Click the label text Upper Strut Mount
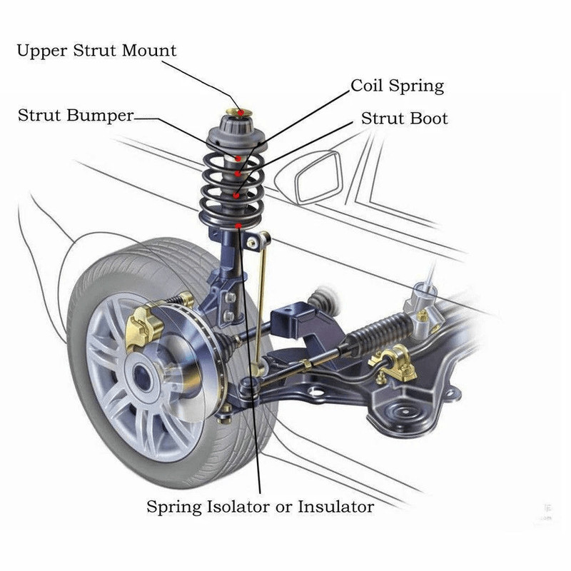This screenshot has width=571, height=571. pos(96,51)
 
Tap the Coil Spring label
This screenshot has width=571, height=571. pos(397,86)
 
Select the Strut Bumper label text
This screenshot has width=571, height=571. pos(75,116)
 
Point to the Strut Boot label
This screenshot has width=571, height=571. pos(404,118)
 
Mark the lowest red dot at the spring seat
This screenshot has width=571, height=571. pos(237,226)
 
